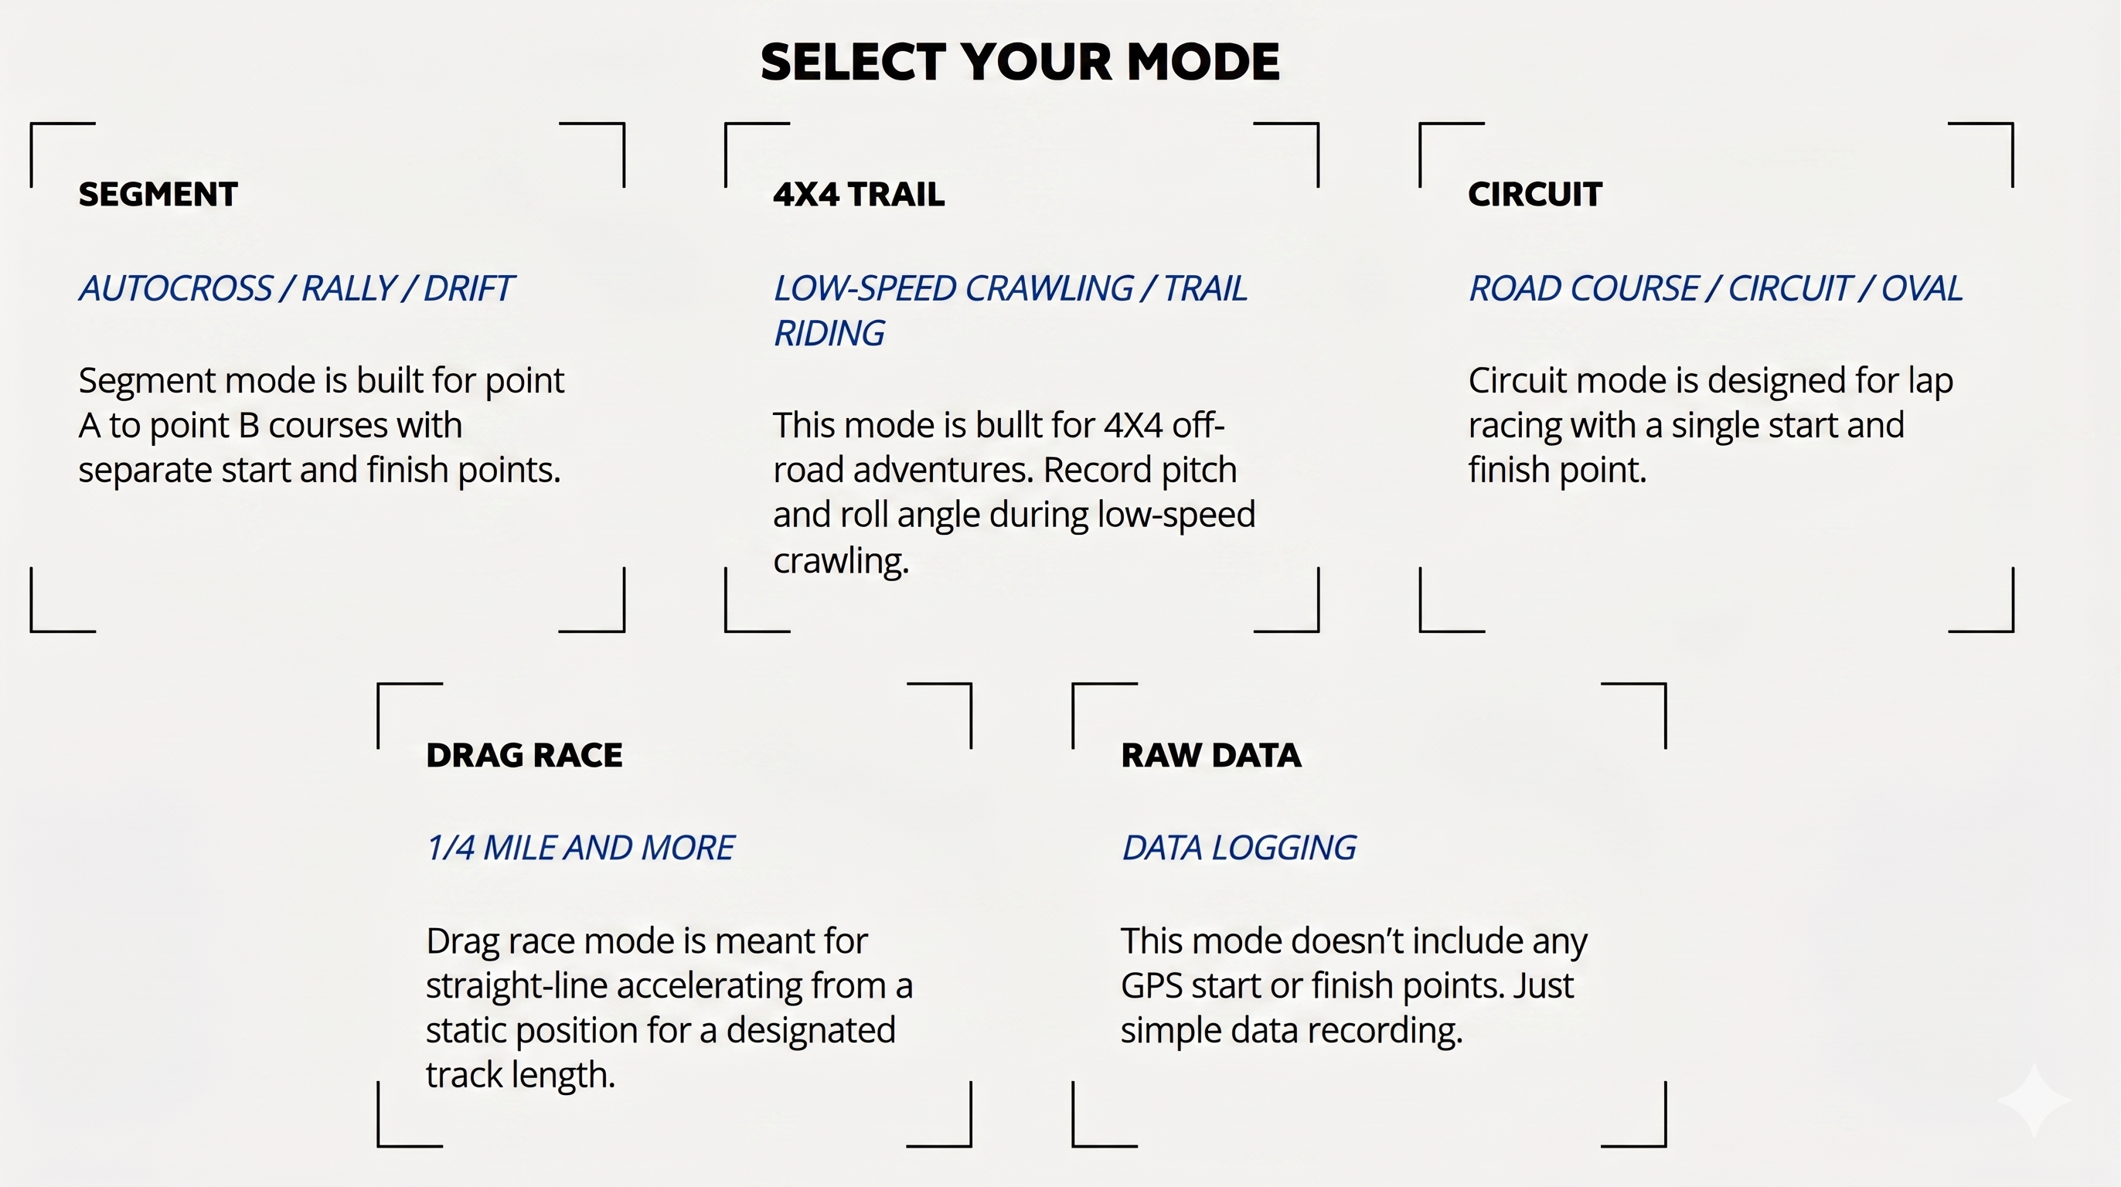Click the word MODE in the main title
1203,62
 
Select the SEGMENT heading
158,194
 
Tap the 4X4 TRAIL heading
859,194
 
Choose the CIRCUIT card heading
1535,194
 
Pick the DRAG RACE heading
525,755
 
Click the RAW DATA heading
1211,755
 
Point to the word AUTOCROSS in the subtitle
175,288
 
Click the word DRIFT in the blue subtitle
468,288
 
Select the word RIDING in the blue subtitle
829,333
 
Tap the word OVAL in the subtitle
1922,288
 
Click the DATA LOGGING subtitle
1239,848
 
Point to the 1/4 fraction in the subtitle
451,848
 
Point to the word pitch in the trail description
1195,471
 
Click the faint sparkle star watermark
2034,1100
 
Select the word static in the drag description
462,1031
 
